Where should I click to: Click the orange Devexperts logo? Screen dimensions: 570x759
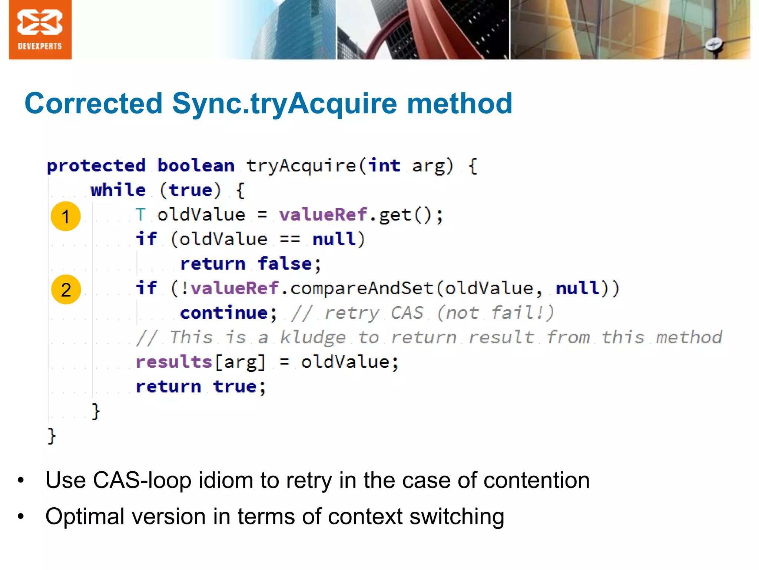click(x=40, y=30)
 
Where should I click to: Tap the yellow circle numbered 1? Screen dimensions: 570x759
click(x=66, y=216)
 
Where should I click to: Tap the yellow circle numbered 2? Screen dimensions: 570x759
click(x=66, y=289)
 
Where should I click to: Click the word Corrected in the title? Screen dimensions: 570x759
click(x=93, y=103)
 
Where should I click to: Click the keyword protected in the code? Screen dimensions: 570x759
click(x=96, y=166)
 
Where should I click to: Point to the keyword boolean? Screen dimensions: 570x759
click(x=196, y=166)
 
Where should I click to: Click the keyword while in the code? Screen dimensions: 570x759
click(x=118, y=190)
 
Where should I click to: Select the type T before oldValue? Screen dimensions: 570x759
click(x=141, y=215)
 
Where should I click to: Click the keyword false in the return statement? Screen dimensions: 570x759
click(x=285, y=264)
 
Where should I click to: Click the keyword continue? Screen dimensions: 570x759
click(x=223, y=313)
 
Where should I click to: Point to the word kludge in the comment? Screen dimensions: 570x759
click(x=312, y=338)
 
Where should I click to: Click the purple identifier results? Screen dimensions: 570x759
click(x=173, y=362)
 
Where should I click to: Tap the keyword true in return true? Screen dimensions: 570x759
click(x=235, y=387)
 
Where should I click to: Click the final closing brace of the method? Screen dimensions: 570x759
click(x=52, y=436)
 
